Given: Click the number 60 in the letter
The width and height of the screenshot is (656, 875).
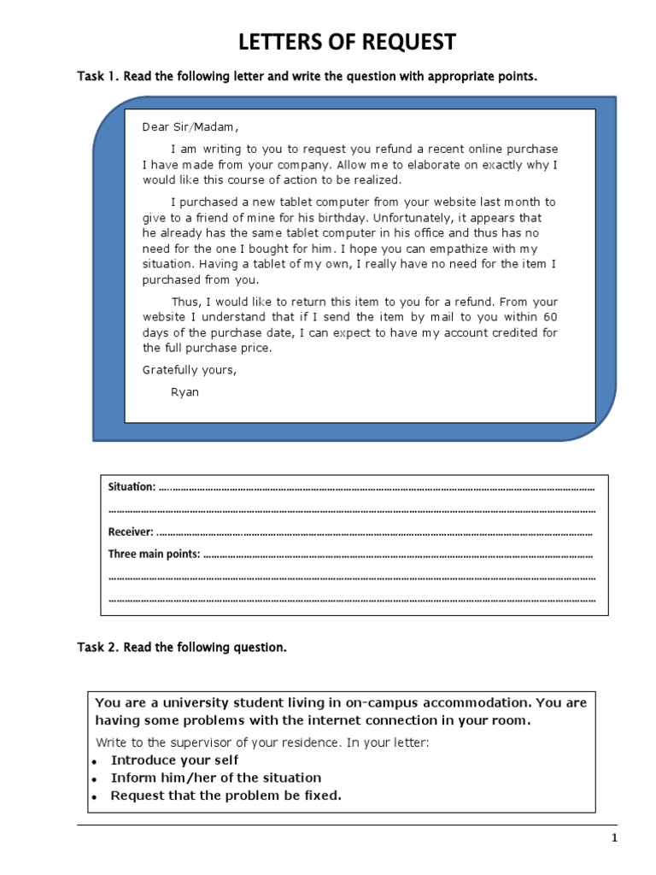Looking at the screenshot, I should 550,317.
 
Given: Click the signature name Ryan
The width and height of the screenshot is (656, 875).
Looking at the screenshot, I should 184,392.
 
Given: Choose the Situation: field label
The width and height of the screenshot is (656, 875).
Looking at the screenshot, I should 132,487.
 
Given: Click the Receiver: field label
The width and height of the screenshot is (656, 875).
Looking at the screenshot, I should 131,531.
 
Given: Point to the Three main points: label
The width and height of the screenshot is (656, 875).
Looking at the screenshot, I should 154,554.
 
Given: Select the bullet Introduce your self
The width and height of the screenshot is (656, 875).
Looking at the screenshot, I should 174,760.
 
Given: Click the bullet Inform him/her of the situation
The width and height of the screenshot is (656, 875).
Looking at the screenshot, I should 216,778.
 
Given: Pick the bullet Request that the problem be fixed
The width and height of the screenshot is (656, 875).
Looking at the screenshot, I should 225,796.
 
